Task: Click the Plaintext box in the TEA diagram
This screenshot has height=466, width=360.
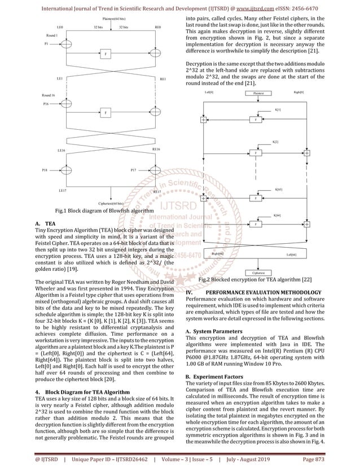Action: pos(258,93)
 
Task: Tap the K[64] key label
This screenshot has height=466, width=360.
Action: pos(277,215)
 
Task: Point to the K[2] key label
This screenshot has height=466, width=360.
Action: pos(275,142)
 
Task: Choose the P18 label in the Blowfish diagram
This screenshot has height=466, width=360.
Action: pos(45,169)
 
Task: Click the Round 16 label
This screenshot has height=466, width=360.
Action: pos(49,96)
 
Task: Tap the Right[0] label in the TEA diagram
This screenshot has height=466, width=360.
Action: pos(299,91)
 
